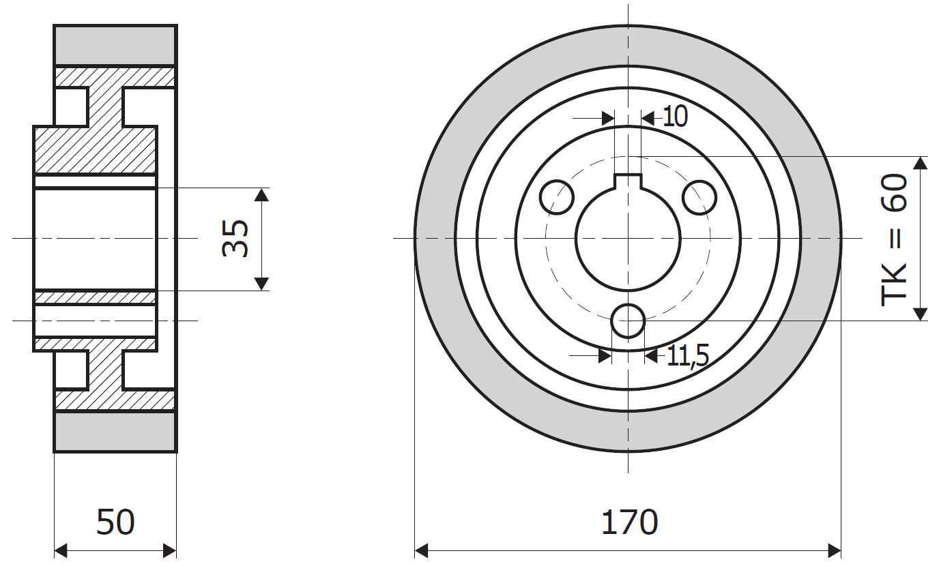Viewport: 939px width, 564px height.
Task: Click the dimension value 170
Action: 629,522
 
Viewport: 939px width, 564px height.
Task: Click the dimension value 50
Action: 115,522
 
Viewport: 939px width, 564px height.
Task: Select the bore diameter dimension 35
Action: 235,238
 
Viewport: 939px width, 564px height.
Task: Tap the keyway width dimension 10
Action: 676,117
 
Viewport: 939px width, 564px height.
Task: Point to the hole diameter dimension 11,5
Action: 687,356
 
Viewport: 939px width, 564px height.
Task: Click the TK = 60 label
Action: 894,239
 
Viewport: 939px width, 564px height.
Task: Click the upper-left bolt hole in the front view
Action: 557,197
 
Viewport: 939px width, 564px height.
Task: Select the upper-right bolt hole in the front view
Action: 699,197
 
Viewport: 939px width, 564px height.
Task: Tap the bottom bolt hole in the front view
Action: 628,321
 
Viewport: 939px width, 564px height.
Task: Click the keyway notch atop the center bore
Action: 628,181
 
